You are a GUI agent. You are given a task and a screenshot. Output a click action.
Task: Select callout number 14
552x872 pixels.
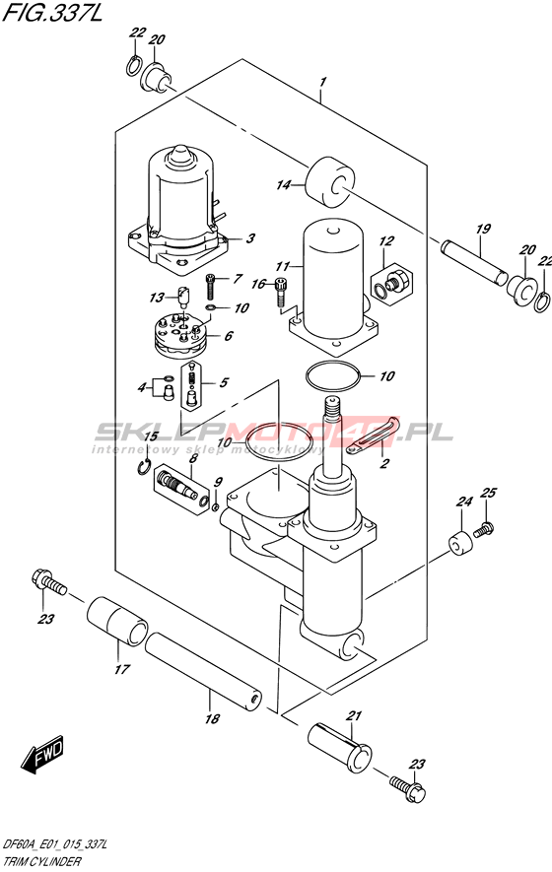coord(284,184)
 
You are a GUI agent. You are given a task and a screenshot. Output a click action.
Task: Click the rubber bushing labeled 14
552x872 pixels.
coord(331,183)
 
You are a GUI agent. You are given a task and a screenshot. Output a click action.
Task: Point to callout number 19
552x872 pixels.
coord(484,229)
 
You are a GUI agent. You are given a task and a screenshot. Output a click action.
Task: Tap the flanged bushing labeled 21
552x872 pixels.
coord(340,749)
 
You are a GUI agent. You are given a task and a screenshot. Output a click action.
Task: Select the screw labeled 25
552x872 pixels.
coord(484,528)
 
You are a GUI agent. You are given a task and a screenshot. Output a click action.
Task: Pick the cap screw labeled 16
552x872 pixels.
coord(282,292)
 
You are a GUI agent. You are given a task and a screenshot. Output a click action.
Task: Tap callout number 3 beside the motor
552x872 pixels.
coord(250,238)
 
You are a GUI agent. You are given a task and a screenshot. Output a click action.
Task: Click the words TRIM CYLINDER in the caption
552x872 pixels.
coord(41,862)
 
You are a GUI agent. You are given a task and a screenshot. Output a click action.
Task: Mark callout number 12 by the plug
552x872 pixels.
coord(386,240)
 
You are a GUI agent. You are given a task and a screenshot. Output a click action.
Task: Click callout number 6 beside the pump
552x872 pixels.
coord(228,336)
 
